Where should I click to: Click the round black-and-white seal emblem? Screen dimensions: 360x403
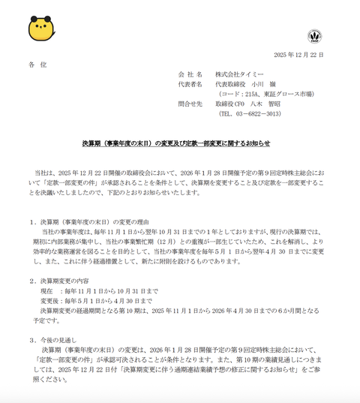pos(313,35)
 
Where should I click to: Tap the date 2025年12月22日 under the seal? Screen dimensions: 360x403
pos(298,55)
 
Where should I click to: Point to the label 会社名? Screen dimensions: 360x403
pos(190,76)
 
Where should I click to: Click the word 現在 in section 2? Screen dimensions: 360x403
pos(46,290)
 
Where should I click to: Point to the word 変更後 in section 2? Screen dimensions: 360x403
pos(49,300)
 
